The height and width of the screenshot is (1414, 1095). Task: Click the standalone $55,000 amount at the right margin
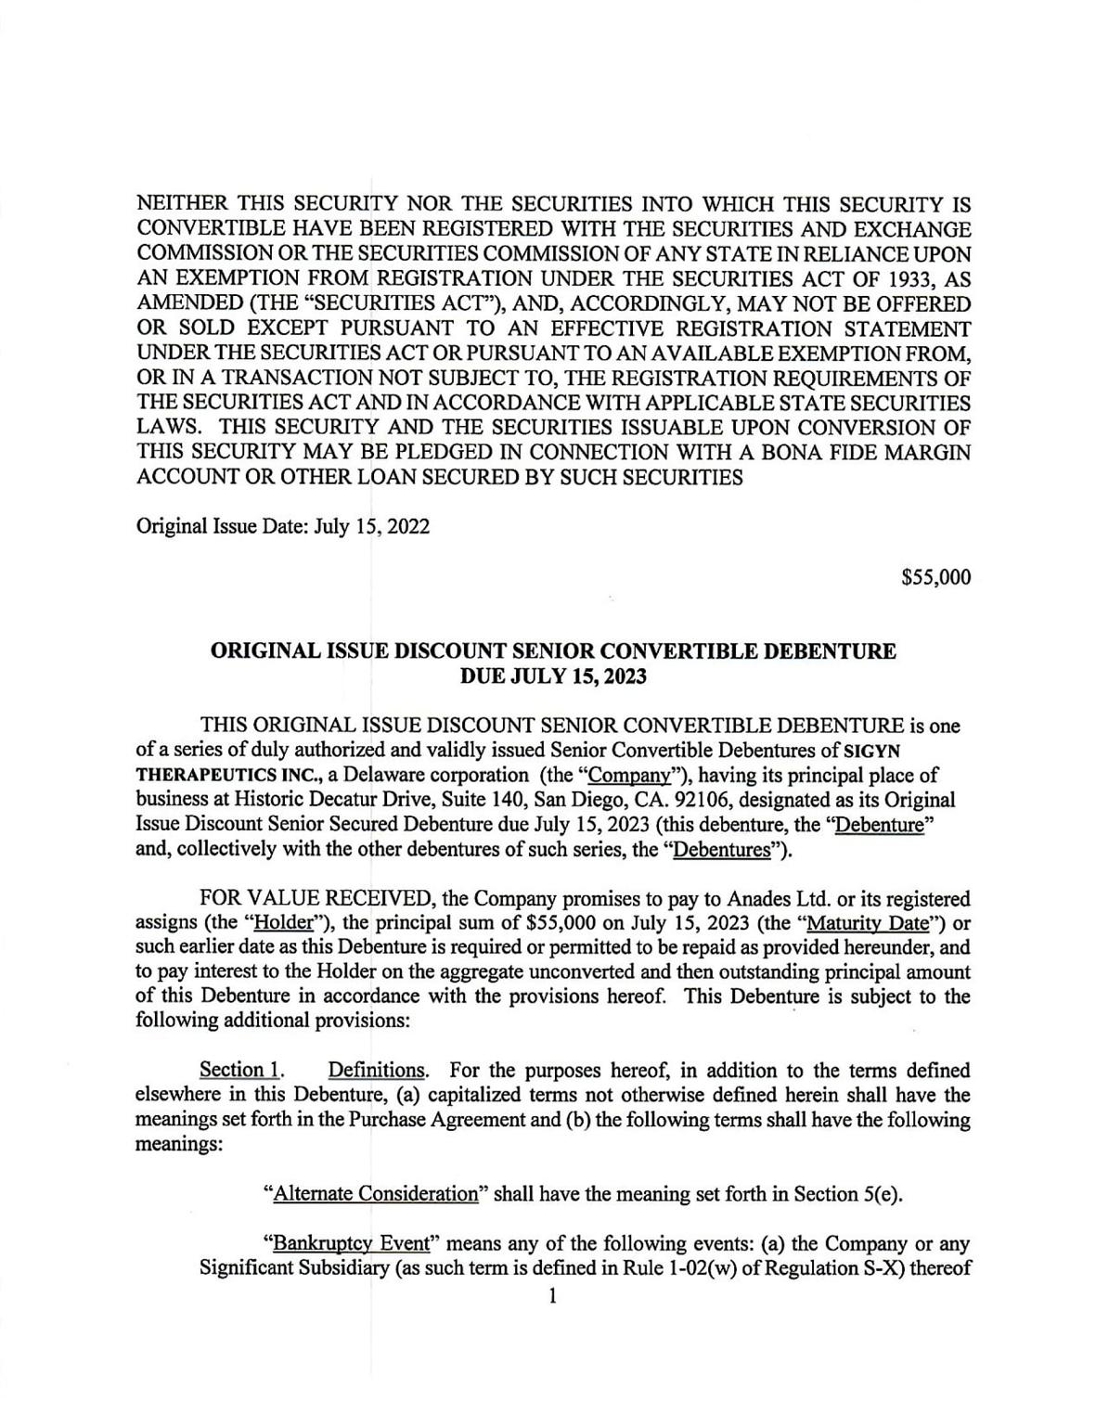(936, 578)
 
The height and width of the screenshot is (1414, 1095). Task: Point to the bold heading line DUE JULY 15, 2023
(553, 676)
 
